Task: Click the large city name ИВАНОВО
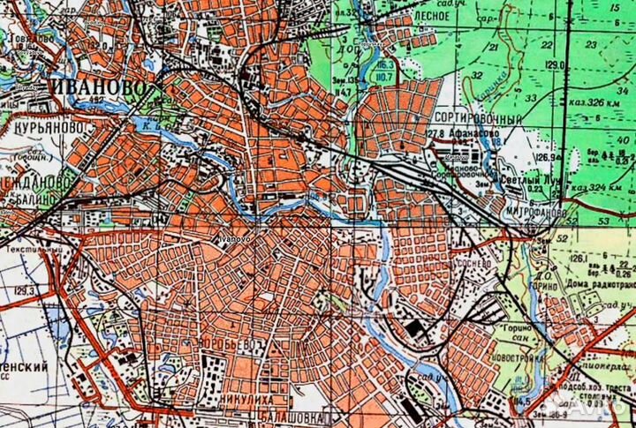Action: (x=105, y=89)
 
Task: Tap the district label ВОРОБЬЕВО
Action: (x=233, y=343)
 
